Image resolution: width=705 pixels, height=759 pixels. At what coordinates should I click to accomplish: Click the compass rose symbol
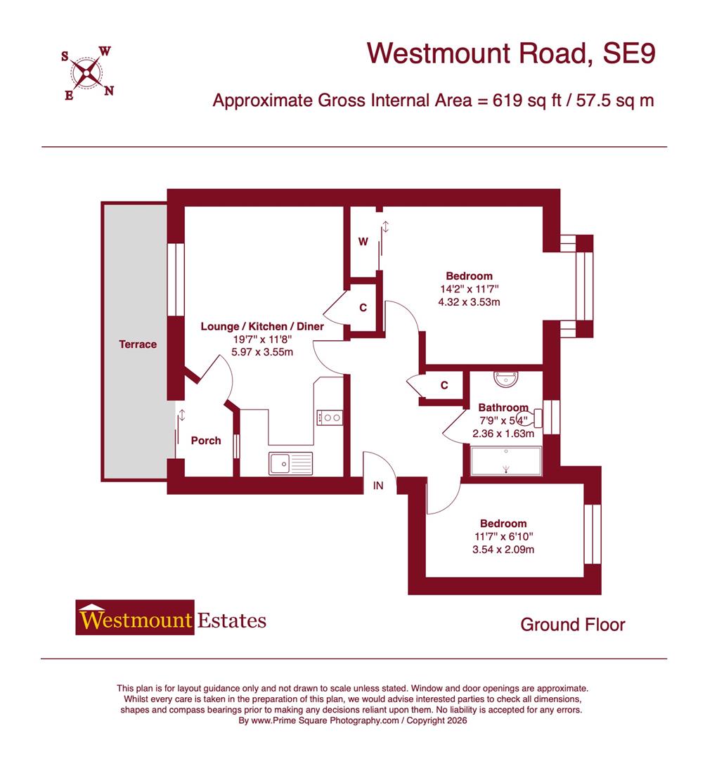pos(87,71)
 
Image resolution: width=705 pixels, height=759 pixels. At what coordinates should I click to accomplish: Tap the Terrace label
pos(138,344)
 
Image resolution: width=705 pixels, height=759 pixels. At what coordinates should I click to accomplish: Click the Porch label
pos(206,441)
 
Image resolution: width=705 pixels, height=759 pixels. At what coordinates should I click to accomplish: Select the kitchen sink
pos(290,463)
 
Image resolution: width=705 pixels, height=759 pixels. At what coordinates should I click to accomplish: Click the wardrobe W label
pos(363,242)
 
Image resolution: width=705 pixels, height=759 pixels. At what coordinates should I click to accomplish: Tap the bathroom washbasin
pos(506,379)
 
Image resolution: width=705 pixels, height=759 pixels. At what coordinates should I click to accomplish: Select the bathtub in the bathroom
pos(506,462)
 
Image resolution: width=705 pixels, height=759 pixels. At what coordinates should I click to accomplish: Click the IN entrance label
pos(378,485)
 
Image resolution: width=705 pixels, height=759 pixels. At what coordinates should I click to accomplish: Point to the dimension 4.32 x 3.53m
pos(469,302)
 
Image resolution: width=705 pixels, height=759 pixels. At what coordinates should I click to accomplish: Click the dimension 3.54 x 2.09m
pos(503,550)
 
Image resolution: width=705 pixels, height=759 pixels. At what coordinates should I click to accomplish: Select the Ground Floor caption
pos(572,624)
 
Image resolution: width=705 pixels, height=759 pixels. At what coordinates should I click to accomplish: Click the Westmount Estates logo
pos(172,618)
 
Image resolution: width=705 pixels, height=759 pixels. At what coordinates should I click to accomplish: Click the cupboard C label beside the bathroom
pos(444,385)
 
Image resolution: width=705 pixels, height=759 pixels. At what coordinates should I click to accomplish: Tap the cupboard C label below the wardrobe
pos(363,308)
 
